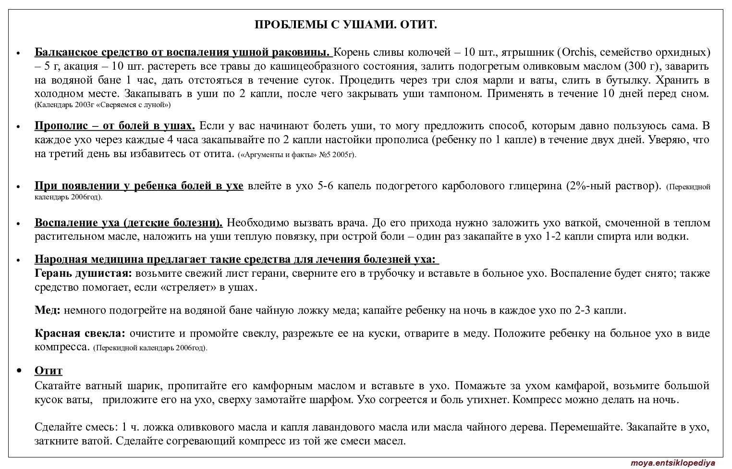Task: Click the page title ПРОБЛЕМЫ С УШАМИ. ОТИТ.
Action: (345, 25)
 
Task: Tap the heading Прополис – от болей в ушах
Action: (114, 126)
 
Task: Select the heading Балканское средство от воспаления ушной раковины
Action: (183, 52)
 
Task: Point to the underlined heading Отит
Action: (49, 370)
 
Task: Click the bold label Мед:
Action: (48, 310)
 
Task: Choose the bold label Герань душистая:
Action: (83, 273)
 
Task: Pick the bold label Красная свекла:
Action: (80, 333)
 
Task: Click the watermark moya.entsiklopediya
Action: (672, 463)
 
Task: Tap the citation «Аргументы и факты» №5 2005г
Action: (297, 155)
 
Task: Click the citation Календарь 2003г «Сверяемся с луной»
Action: (103, 104)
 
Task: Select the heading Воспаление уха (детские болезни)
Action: (128, 223)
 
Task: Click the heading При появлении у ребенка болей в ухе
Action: (139, 186)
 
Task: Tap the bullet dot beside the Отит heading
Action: (19, 370)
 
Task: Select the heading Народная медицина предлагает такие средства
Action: (235, 260)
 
